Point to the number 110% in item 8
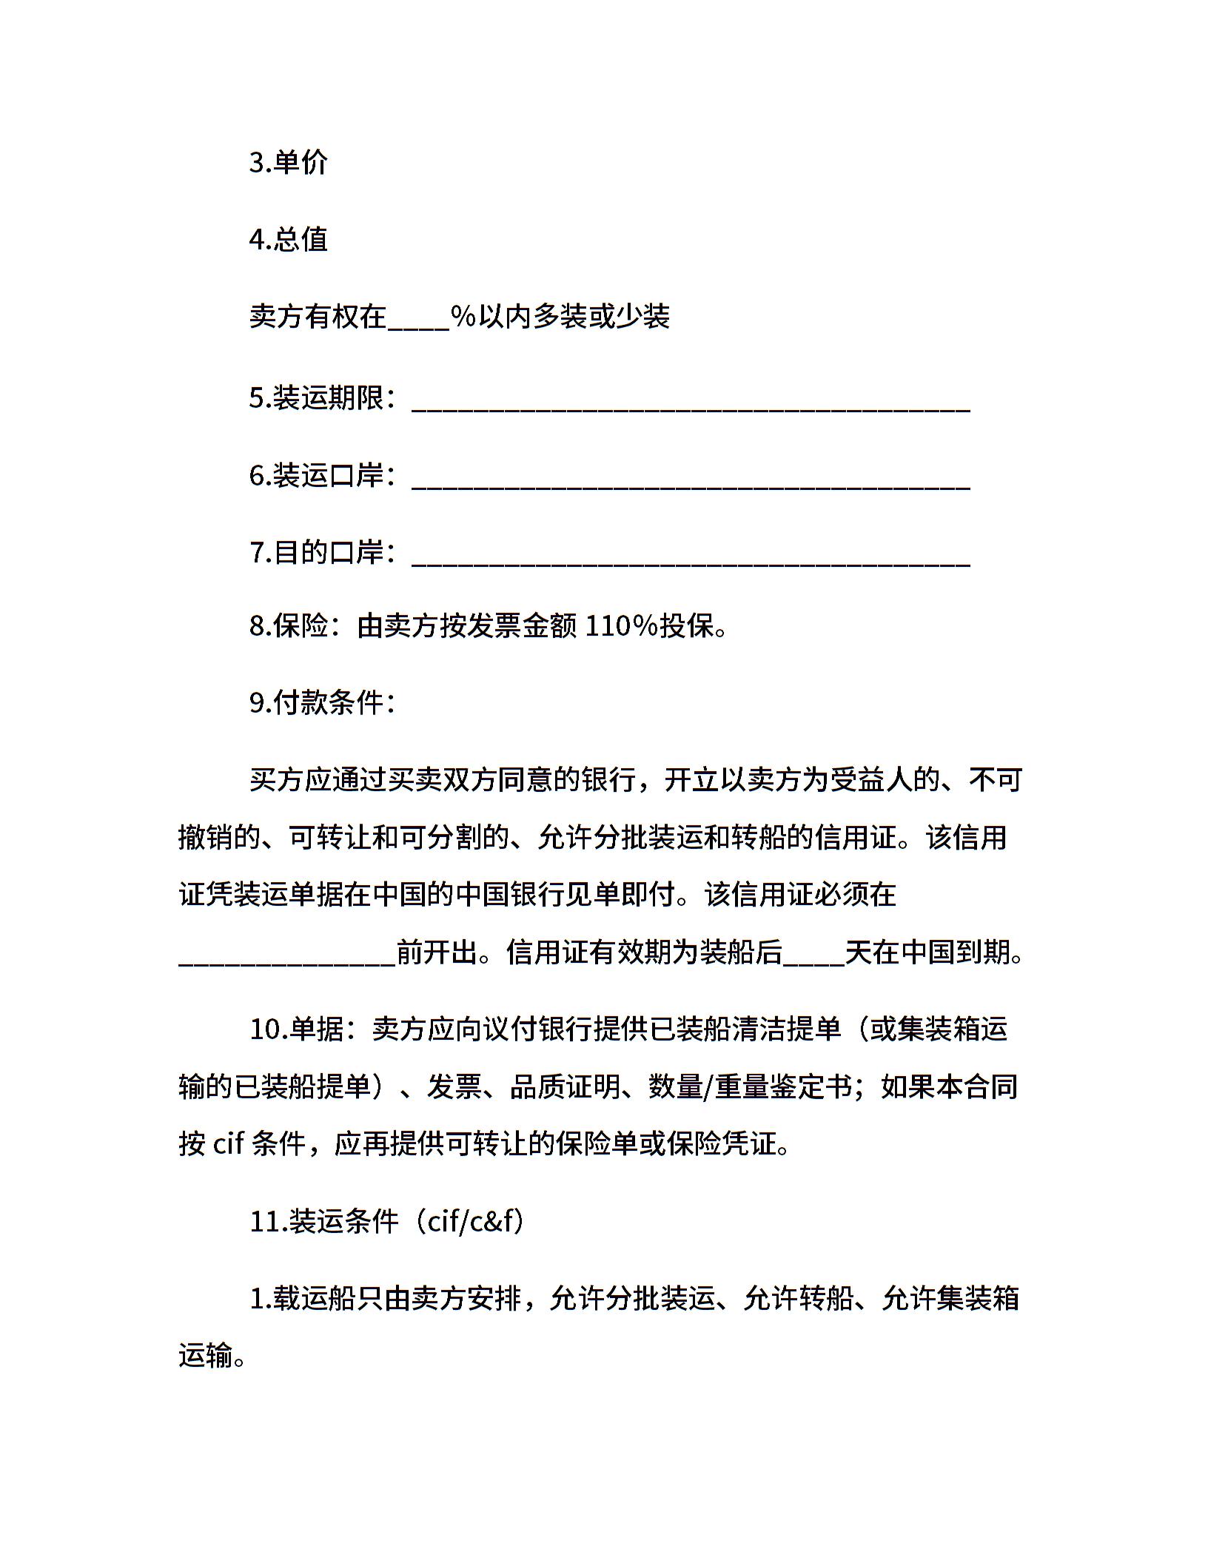621,627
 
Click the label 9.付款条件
323,703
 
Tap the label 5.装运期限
323,400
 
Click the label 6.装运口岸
323,477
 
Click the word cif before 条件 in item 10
229,1145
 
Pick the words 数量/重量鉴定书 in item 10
750,1087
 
